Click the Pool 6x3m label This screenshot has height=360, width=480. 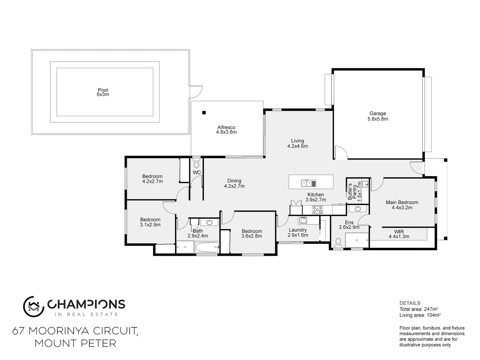(103, 92)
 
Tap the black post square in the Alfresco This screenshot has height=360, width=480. (204, 113)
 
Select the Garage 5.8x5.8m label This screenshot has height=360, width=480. (378, 116)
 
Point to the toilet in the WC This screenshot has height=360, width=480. (196, 163)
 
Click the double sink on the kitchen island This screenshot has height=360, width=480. (308, 183)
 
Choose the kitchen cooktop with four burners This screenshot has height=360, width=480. (317, 210)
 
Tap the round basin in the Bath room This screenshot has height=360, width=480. (210, 222)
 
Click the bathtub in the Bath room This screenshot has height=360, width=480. (207, 247)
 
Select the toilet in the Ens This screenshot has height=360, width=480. (339, 242)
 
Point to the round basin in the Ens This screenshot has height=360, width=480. (358, 209)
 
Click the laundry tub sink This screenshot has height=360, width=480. (303, 220)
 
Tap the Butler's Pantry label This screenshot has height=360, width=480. (354, 191)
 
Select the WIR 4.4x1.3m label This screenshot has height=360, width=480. (399, 234)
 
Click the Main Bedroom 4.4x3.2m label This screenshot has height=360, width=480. (402, 205)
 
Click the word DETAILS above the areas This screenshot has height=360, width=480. (410, 303)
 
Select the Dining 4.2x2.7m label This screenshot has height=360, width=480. (234, 183)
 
